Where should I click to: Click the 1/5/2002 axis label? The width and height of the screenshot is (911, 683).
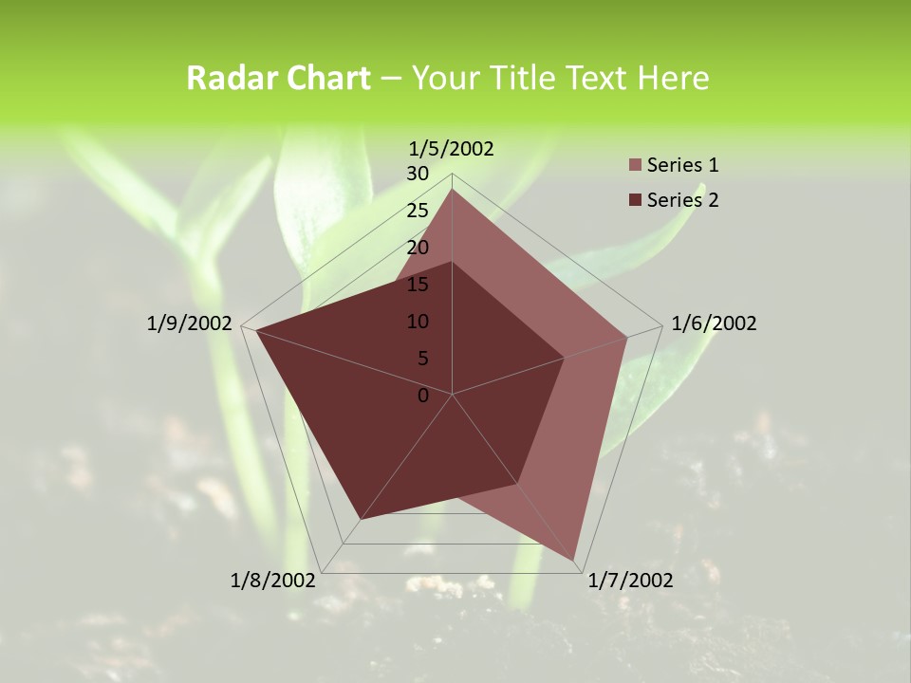coord(451,148)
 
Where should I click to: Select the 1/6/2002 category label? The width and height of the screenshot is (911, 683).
coord(714,323)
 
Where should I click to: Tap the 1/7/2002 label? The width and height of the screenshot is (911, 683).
coord(630,581)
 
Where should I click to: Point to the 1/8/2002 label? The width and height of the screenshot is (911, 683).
coord(272,581)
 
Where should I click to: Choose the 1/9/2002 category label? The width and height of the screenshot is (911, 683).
coord(189,323)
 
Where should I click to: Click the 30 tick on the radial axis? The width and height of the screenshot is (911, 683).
coord(418,174)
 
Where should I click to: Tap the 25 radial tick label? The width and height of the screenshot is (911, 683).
coord(418,211)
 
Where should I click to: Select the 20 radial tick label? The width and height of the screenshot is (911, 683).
coord(418,248)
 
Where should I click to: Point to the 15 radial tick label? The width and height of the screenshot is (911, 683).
coord(418,285)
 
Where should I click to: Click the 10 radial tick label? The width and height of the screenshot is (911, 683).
coord(418,322)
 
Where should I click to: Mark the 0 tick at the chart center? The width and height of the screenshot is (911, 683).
coord(423,396)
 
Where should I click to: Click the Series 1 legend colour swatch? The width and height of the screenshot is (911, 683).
coord(635,166)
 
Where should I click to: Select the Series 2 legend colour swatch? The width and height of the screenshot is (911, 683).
coord(635,200)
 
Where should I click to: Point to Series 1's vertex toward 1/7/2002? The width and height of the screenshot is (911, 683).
coord(576,560)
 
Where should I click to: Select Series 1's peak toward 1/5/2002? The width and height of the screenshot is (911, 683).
coord(453,190)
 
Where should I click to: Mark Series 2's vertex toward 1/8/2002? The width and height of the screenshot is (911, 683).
coord(360,519)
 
